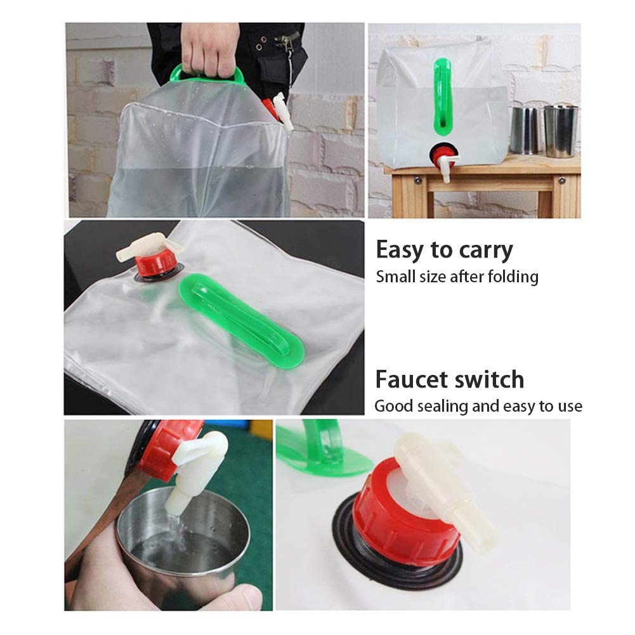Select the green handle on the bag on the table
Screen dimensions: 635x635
(x=442, y=95)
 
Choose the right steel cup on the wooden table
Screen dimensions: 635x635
(x=561, y=131)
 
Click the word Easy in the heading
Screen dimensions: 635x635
(x=399, y=251)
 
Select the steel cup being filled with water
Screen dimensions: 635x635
(x=184, y=539)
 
